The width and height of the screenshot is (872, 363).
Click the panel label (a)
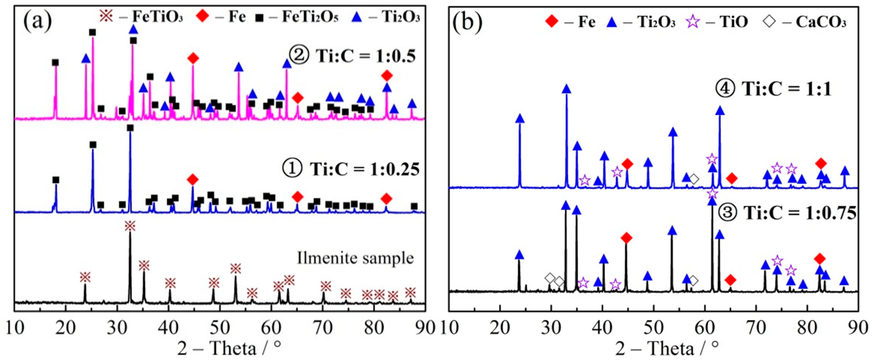(x=37, y=21)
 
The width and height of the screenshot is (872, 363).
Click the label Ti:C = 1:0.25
(x=350, y=168)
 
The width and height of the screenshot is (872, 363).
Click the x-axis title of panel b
(x=667, y=348)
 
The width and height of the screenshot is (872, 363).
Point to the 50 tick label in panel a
(x=220, y=328)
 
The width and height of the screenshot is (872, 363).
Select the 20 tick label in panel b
(x=500, y=328)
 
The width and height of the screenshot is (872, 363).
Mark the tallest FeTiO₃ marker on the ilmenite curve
(x=130, y=226)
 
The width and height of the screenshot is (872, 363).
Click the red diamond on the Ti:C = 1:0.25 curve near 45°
(x=193, y=179)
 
